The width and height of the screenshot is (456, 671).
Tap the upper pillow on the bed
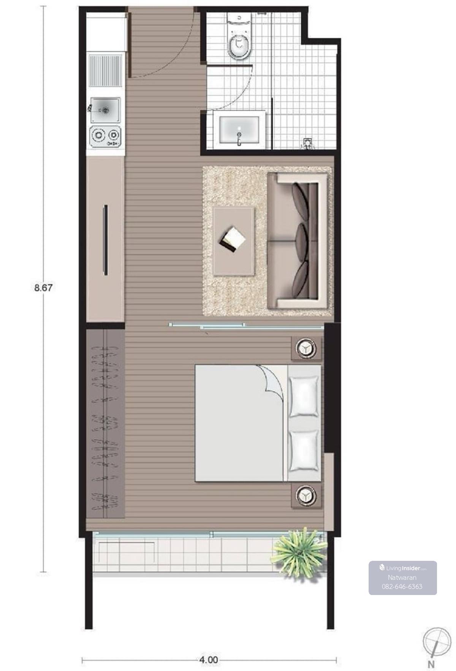[x=304, y=396]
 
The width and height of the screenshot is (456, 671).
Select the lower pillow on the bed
[x=304, y=451]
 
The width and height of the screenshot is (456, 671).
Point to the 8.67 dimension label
[x=43, y=288]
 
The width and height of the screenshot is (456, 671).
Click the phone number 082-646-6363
[x=402, y=586]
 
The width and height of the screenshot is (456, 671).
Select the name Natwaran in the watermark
[x=402, y=578]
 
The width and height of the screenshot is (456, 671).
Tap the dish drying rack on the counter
[x=105, y=70]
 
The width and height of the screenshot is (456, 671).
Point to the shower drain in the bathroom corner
[x=307, y=142]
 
